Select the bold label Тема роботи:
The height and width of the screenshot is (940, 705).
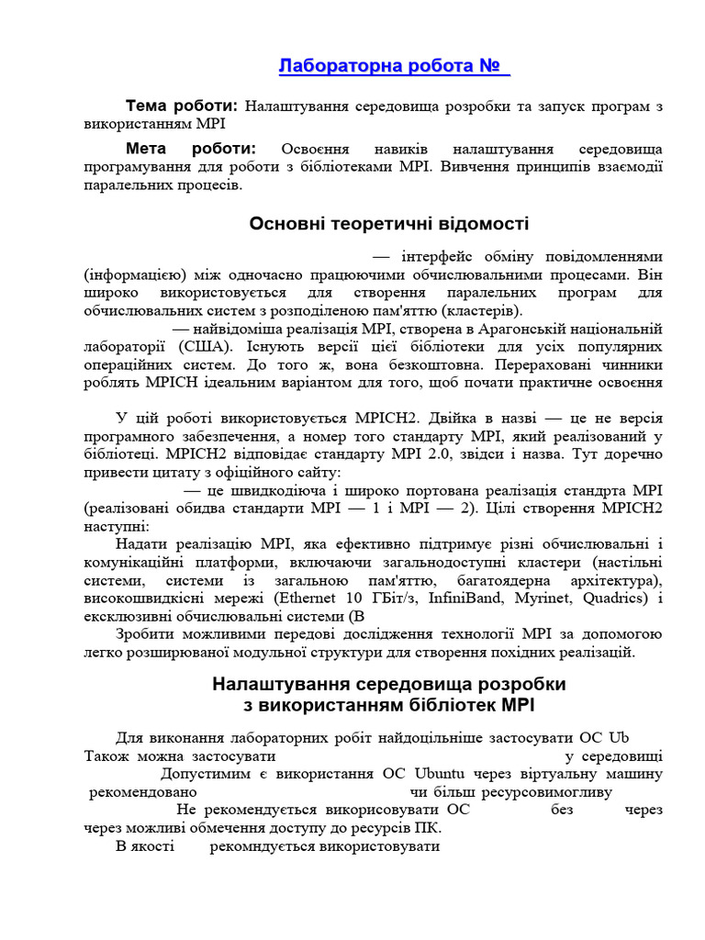coord(182,106)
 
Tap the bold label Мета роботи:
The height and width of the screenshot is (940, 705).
coord(191,149)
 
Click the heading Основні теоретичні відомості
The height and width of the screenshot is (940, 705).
coord(389,224)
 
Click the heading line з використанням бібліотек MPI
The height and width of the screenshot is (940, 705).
coord(389,705)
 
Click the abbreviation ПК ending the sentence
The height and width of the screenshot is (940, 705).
coord(425,826)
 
